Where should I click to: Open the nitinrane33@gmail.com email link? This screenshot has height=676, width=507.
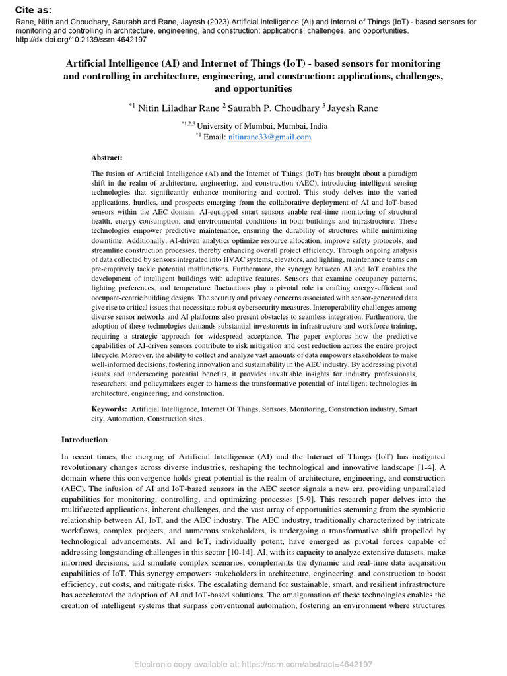coord(269,137)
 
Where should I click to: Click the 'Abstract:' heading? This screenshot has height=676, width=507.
coord(106,157)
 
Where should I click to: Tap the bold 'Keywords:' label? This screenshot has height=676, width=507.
coord(109,409)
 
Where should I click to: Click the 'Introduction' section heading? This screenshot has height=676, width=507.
coord(84,440)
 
